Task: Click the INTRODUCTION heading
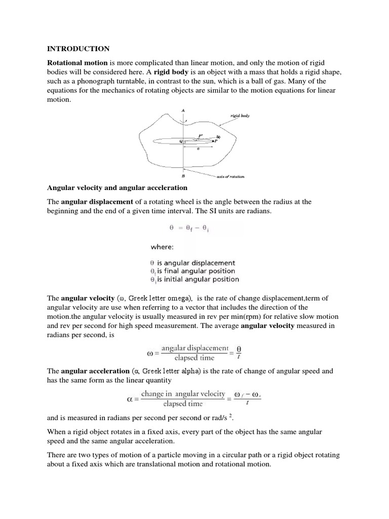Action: [x=78, y=49]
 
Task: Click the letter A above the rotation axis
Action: [x=182, y=110]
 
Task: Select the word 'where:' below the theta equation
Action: [x=162, y=248]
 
